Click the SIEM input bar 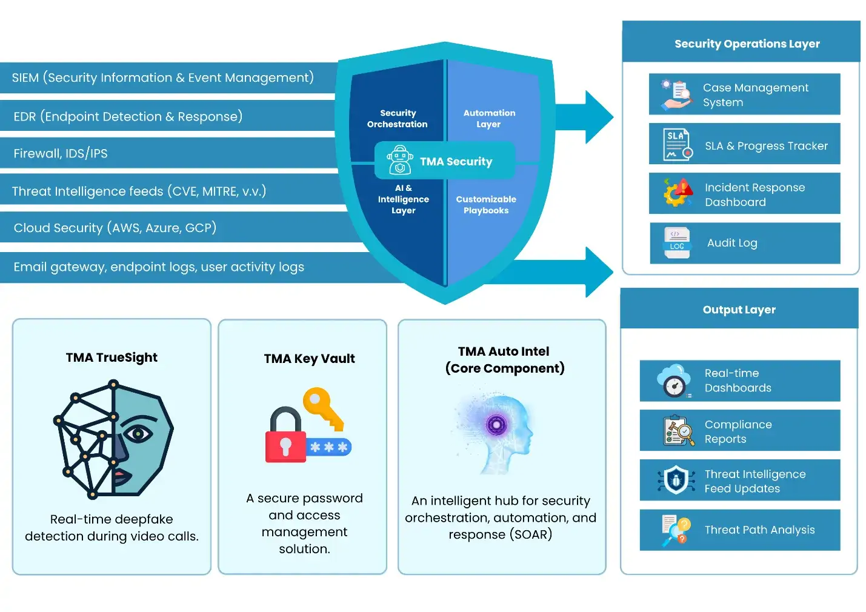[x=162, y=78]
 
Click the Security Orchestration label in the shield [x=398, y=119]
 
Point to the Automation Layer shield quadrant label [x=489, y=119]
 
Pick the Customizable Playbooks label [x=486, y=205]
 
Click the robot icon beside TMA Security [x=400, y=161]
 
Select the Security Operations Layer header [x=747, y=44]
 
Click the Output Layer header [x=739, y=310]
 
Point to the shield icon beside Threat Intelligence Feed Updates [x=676, y=481]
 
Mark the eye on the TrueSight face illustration [x=139, y=434]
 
